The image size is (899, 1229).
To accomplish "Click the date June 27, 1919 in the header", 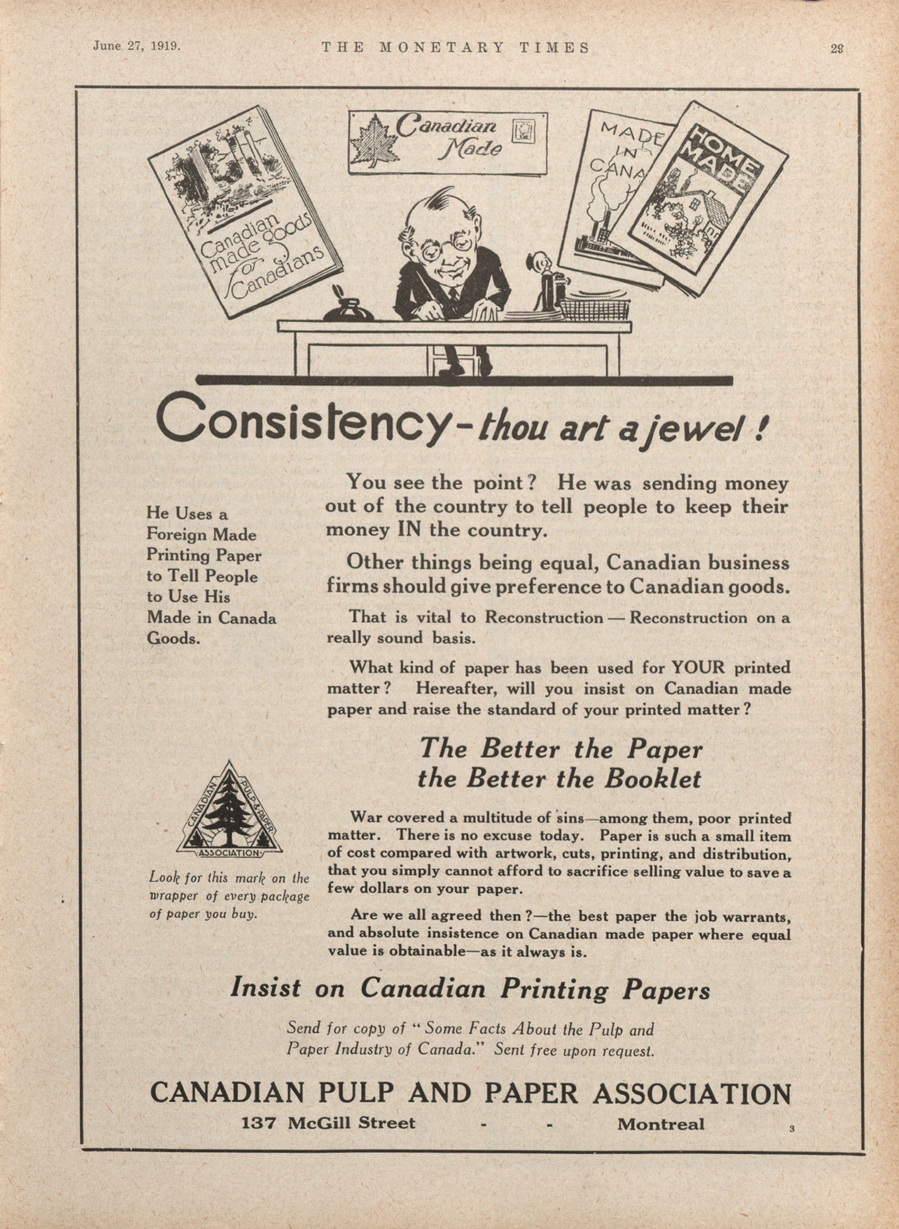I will pos(137,46).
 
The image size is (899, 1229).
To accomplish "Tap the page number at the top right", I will pos(836,48).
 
